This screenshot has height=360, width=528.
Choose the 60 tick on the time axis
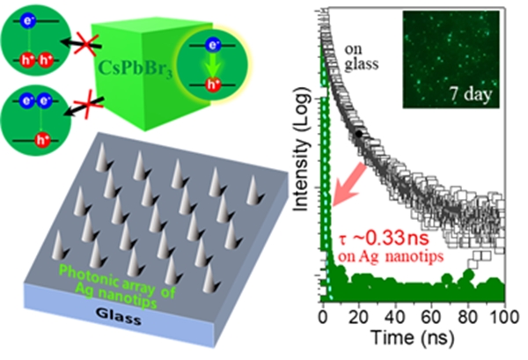(x=432, y=319)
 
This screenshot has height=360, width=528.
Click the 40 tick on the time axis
(x=395, y=319)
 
